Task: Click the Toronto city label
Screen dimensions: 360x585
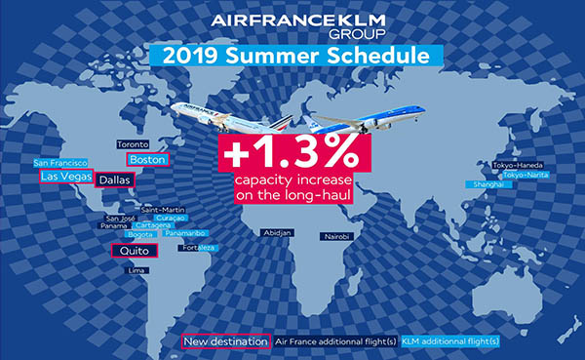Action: [x=133, y=144]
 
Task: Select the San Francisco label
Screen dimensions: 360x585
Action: [x=61, y=162]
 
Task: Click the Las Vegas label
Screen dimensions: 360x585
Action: [x=65, y=178]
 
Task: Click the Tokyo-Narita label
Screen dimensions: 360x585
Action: [x=525, y=175]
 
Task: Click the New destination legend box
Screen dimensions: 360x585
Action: [x=226, y=341]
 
